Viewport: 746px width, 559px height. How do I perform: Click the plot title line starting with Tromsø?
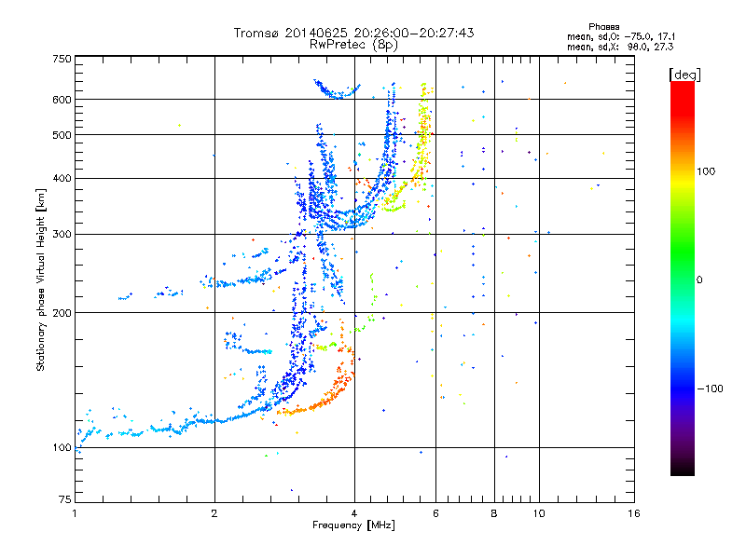(353, 33)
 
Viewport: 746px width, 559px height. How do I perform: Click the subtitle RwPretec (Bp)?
(353, 44)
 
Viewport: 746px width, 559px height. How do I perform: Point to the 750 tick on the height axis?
(62, 59)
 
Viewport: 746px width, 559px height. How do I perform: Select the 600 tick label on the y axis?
(62, 99)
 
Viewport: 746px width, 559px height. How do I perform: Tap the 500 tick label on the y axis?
(62, 134)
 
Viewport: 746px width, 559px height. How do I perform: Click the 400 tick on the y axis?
(62, 178)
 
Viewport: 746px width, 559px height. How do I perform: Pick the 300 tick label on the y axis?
(62, 234)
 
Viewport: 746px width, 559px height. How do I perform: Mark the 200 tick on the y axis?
(62, 312)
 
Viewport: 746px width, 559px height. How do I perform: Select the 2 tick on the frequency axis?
(214, 513)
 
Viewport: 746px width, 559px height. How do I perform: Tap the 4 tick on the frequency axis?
(354, 513)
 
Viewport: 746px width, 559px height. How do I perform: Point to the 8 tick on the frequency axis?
(494, 513)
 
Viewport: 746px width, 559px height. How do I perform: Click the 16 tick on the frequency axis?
(633, 513)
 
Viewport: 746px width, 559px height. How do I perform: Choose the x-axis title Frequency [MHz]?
(353, 525)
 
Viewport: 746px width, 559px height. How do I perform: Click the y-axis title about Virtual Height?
(41, 279)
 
